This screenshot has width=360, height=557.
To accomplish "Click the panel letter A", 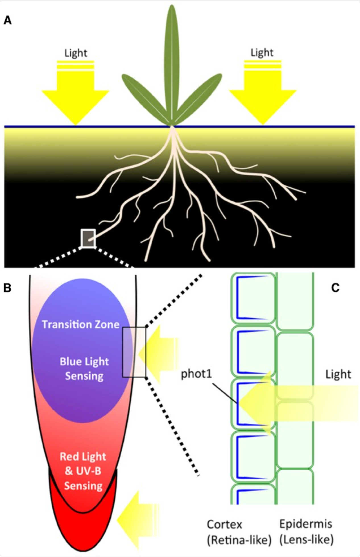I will pyautogui.click(x=8, y=20).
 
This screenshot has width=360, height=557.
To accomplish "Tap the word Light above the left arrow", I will pyautogui.click(x=76, y=53).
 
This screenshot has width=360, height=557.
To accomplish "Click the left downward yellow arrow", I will pyautogui.click(x=75, y=94).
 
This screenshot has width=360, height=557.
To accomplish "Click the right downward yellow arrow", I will pyautogui.click(x=263, y=94).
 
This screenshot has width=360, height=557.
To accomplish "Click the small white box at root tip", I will pyautogui.click(x=88, y=238).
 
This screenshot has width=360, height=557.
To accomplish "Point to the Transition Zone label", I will pyautogui.click(x=80, y=324).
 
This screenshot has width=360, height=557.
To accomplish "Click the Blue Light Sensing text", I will pyautogui.click(x=84, y=369).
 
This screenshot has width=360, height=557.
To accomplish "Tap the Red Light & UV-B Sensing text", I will pyautogui.click(x=83, y=471).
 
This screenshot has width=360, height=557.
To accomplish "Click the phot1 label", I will pyautogui.click(x=196, y=374).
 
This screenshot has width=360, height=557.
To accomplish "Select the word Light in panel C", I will pyautogui.click(x=338, y=374).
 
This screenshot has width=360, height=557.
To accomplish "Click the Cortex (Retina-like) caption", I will pyautogui.click(x=239, y=532).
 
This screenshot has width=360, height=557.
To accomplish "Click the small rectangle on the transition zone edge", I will pyautogui.click(x=134, y=352).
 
